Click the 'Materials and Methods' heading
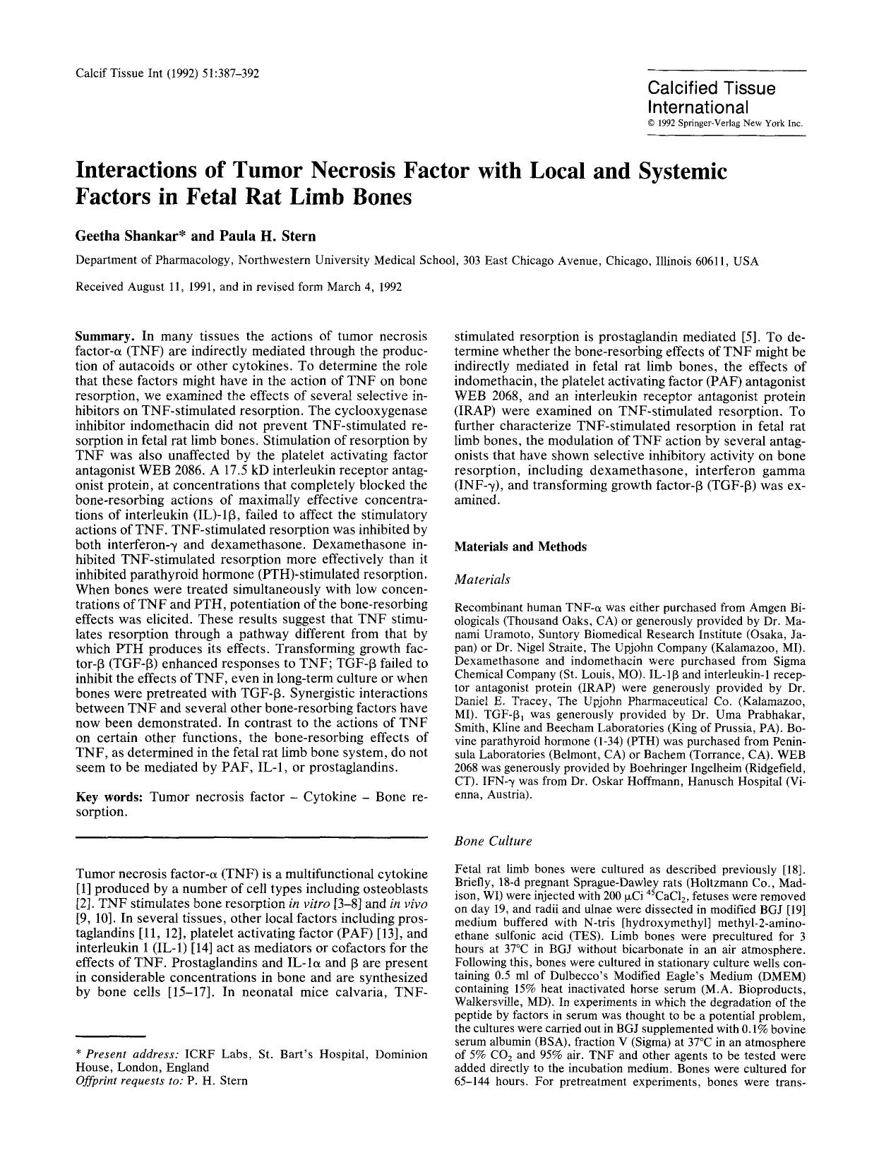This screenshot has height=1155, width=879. [520, 546]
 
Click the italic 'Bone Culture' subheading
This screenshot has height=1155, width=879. [493, 841]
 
